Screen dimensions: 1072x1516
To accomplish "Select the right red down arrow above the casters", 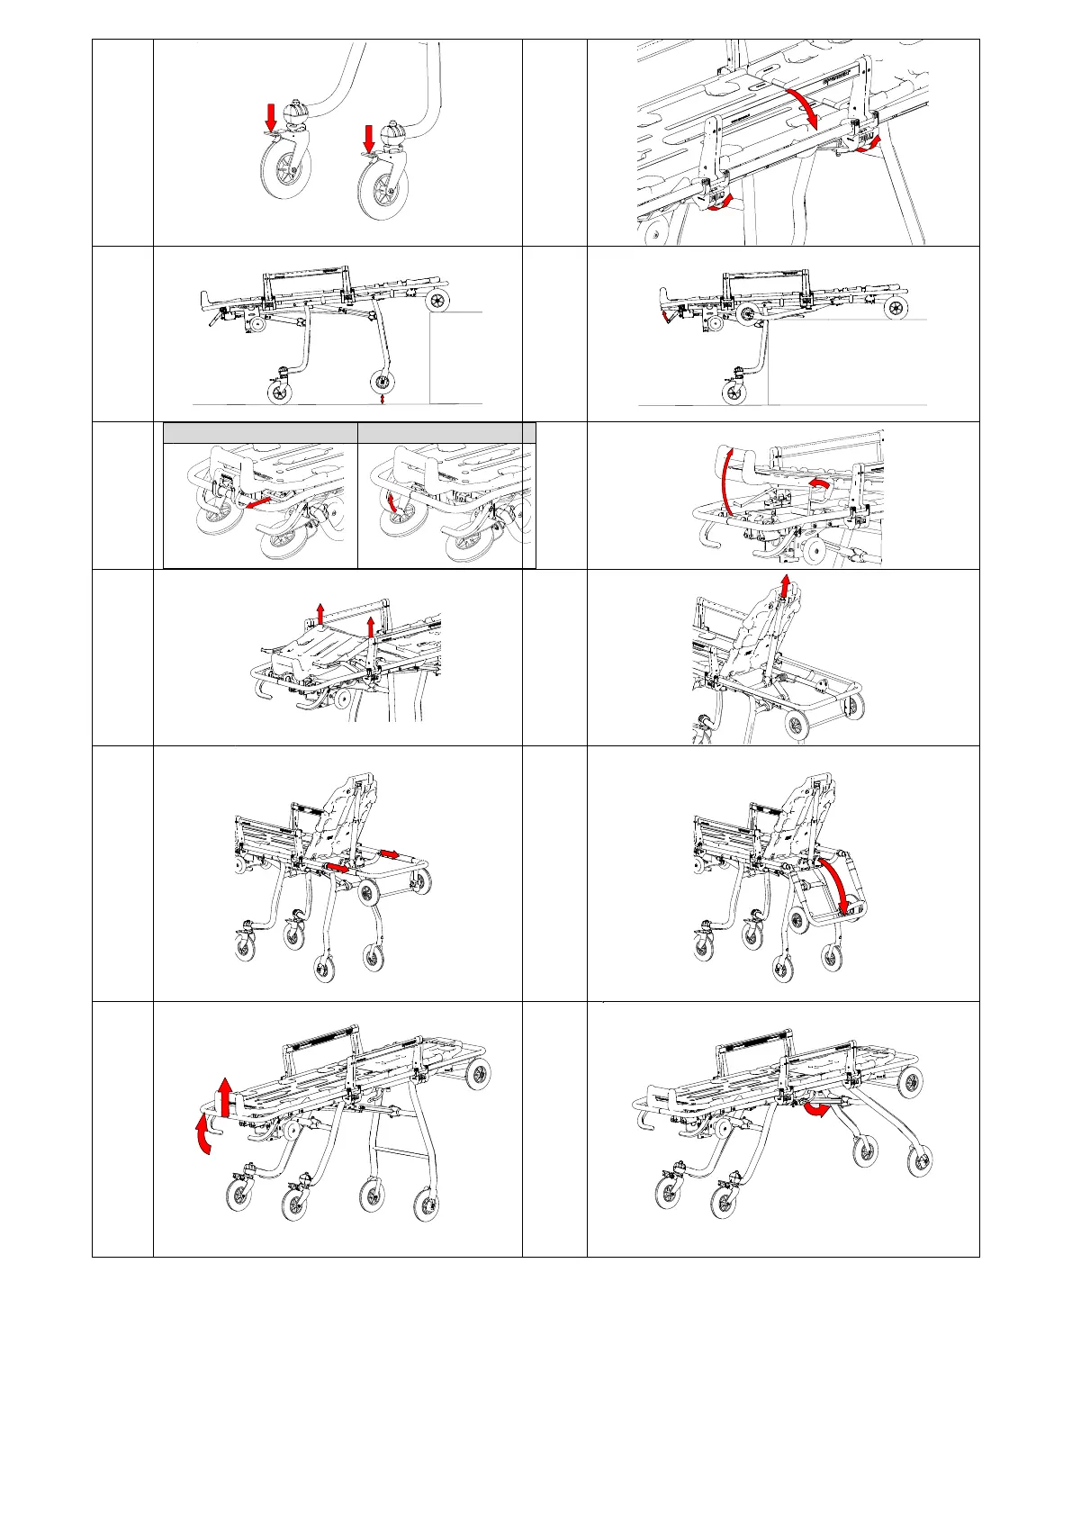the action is coord(368,139).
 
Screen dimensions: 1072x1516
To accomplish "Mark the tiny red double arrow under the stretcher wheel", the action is coord(383,398).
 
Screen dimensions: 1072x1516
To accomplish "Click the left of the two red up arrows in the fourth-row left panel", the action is coord(320,616).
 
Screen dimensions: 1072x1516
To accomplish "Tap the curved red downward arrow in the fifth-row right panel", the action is coord(836,883).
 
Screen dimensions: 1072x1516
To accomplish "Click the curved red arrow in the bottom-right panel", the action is coord(817,1108).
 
